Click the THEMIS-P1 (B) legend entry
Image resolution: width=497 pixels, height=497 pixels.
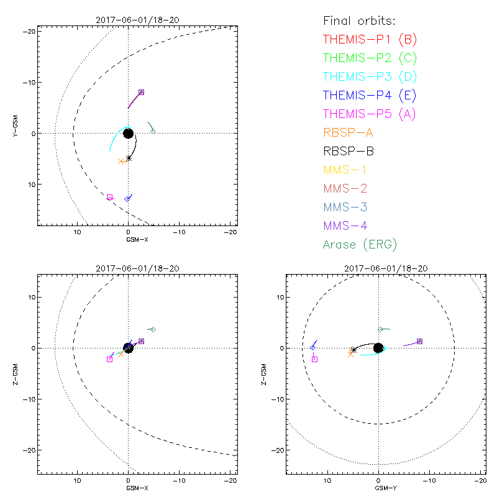tap(370, 40)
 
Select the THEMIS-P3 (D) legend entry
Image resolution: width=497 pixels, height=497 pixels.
tap(370, 77)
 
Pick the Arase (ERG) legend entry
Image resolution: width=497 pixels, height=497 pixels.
tap(360, 244)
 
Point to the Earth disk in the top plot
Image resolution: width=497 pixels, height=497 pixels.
tap(129, 133)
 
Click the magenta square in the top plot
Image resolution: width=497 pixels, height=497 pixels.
tap(110, 197)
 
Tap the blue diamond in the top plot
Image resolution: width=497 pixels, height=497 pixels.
tap(127, 199)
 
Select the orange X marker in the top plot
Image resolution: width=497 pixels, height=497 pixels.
tap(122, 161)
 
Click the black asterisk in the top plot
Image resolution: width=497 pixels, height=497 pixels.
tap(129, 158)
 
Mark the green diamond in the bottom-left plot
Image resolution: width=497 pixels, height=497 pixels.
tap(153, 329)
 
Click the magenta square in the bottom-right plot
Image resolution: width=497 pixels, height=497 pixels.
tap(314, 359)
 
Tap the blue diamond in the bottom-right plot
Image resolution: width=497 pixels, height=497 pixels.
tap(312, 347)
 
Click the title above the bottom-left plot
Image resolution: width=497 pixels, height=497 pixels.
tap(129, 268)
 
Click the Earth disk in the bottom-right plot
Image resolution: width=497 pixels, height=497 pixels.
tap(378, 348)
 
